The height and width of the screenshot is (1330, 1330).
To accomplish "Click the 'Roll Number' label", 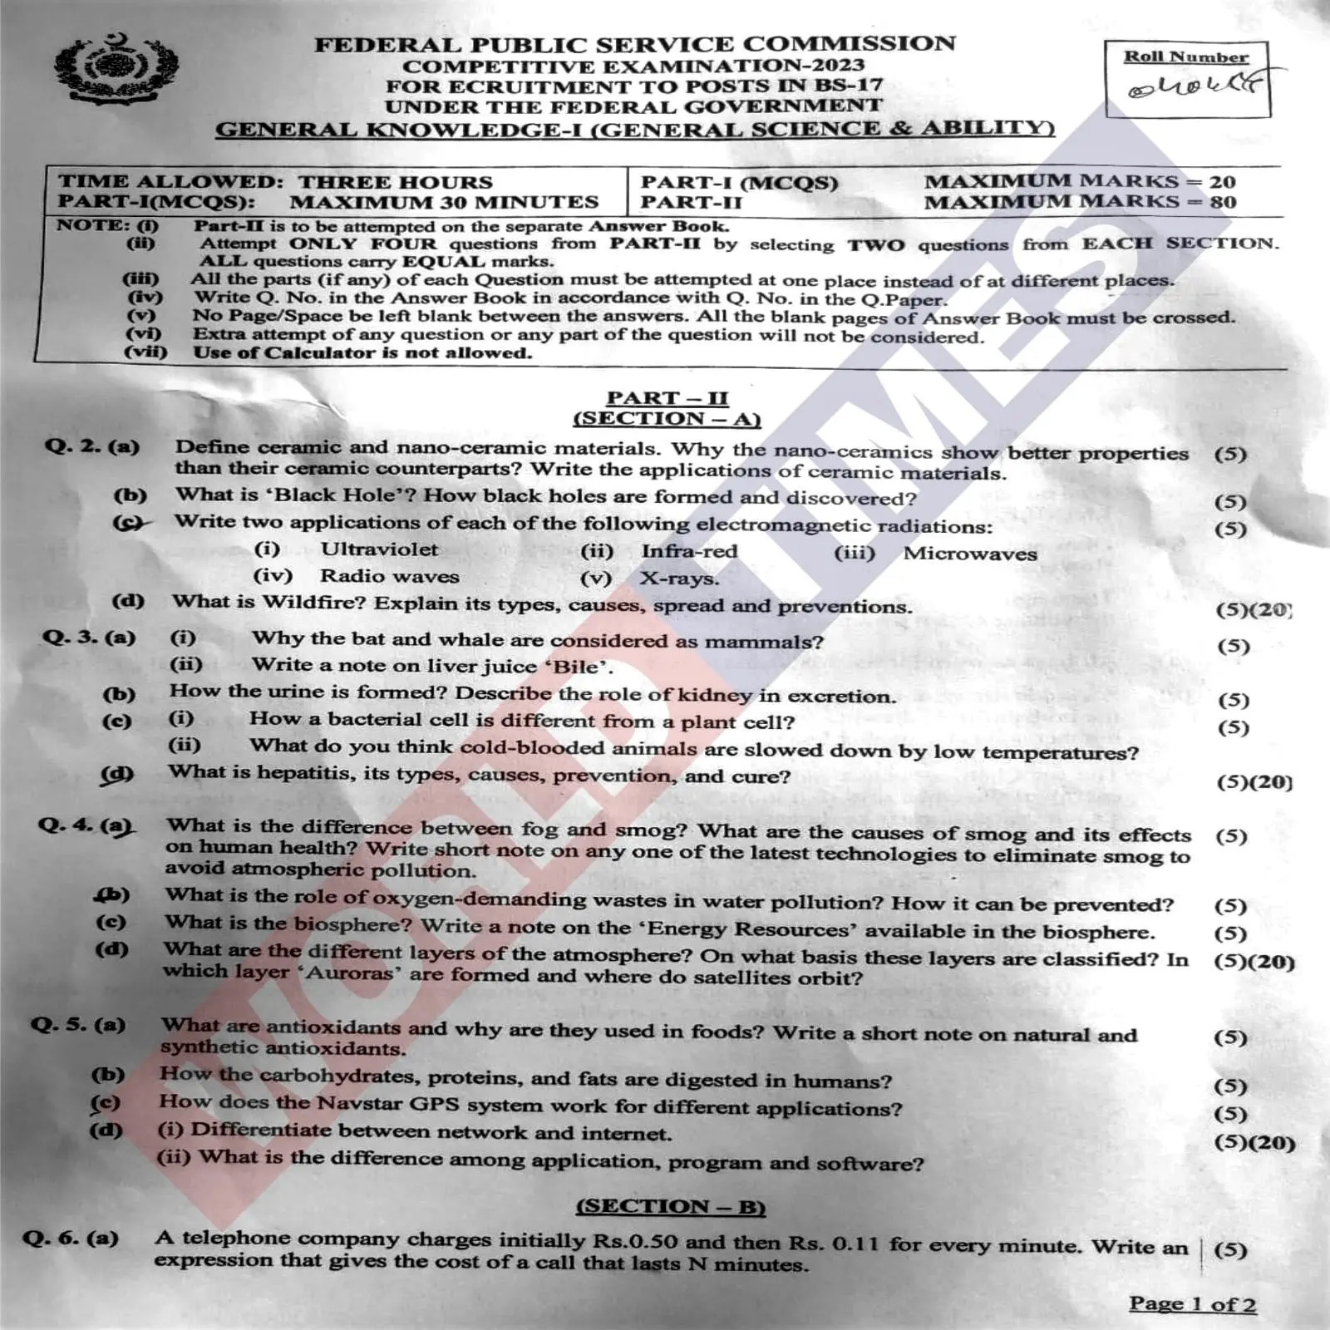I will point(1186,57).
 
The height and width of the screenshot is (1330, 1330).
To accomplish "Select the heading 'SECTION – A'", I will point(666,419).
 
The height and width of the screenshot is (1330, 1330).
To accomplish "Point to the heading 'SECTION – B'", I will point(670,1206).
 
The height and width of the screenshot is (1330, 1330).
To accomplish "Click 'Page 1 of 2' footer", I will point(1192,1303).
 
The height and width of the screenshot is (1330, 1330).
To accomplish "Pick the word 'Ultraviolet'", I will point(379,549).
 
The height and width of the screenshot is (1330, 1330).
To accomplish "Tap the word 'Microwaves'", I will point(970,554).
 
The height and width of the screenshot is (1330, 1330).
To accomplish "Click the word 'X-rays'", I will point(678,579).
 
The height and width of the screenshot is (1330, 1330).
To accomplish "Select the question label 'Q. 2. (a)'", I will point(91,446).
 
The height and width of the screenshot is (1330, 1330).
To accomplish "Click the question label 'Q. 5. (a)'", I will point(78,1024).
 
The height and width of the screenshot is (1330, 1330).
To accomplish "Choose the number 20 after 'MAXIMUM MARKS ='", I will point(1222,181).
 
